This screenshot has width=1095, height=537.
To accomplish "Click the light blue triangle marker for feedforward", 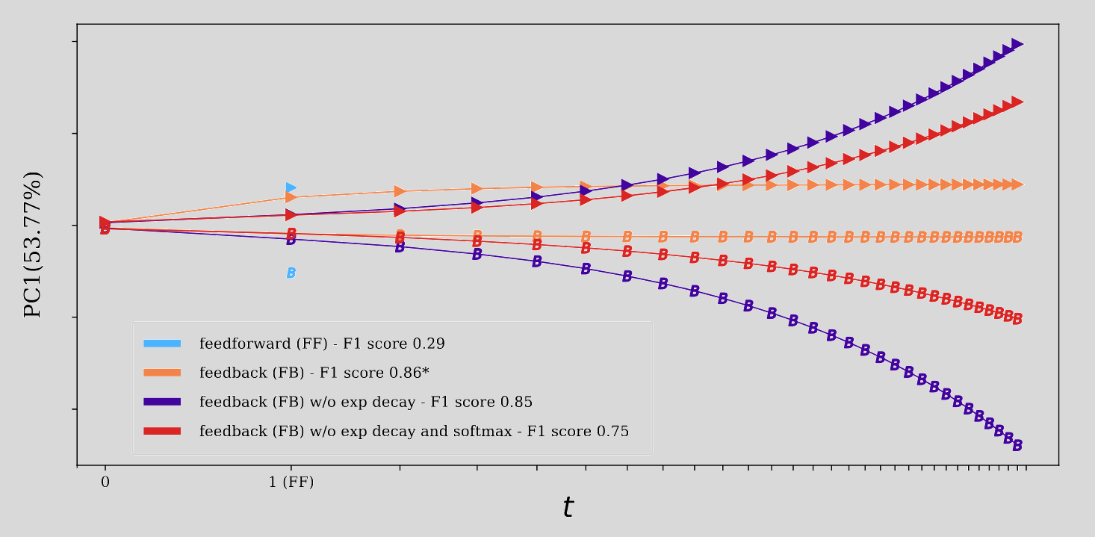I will (x=291, y=187).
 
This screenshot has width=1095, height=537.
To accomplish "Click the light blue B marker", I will (x=291, y=273).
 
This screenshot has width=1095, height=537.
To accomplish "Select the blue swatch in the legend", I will (x=162, y=344).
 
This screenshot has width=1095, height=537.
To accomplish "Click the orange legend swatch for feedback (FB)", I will (x=162, y=373).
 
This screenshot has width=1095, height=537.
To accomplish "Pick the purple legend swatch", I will (x=162, y=402).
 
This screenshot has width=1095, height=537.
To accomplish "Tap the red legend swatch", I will (x=162, y=431).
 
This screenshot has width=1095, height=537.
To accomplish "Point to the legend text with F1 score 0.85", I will (x=365, y=402).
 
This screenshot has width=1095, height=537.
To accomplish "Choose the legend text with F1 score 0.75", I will (x=414, y=431).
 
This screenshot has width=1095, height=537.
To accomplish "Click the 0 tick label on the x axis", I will (x=105, y=482).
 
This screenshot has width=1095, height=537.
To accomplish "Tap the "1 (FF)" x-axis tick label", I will (x=291, y=482).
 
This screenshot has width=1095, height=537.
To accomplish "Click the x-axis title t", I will (x=568, y=508).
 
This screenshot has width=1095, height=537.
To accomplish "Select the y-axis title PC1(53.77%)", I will (x=33, y=245).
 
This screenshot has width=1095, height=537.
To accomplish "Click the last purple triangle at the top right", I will (x=1017, y=44).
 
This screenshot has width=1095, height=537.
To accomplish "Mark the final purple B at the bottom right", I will (x=1017, y=446).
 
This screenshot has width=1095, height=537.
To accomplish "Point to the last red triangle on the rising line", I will (x=1017, y=102).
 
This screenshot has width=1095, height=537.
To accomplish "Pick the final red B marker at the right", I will (x=1017, y=319).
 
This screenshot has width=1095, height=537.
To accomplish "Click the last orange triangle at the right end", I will (x=1017, y=184).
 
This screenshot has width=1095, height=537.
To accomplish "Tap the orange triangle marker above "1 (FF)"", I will (x=291, y=197).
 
